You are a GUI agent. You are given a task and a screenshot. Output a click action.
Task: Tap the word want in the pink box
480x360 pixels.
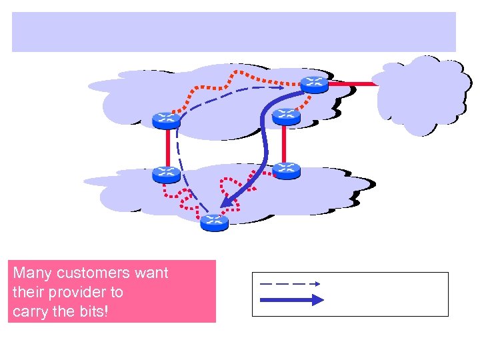pos(152,273)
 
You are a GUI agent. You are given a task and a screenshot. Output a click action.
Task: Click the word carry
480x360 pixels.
pos(32,311)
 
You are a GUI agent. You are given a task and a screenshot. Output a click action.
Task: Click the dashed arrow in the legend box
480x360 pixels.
pos(290,283)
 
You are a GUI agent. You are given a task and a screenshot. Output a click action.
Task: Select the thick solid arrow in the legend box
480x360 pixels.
pos(291,301)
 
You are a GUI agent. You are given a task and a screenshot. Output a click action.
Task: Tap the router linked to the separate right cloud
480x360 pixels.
pos(314,84)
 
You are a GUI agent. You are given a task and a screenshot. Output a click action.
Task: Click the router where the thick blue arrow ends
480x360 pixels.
pos(214,222)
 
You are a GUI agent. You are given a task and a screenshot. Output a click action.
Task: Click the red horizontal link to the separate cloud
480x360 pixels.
pos(353,85)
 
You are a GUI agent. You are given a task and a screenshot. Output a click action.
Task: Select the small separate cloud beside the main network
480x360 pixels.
pos(420,93)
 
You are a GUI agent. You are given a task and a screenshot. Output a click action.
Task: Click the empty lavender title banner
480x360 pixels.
pos(233,31)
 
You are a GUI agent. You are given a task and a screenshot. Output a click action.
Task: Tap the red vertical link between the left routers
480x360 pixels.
pos(166,147)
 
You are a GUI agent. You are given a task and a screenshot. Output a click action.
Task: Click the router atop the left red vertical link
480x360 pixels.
pos(166,120)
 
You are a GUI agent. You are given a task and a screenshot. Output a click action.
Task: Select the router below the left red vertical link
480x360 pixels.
pos(166,174)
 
